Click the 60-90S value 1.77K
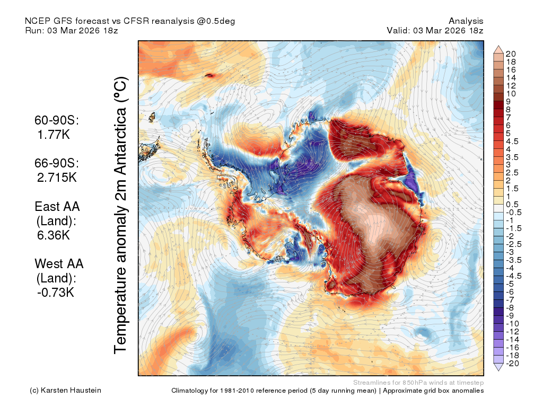(x=54, y=134)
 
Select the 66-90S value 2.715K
(x=57, y=177)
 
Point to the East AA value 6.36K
(x=54, y=235)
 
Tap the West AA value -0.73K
(x=55, y=293)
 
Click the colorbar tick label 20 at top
(x=511, y=54)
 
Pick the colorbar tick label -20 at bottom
(x=512, y=364)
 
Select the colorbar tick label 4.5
(x=512, y=141)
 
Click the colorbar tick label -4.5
(x=513, y=276)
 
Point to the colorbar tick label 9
(x=508, y=101)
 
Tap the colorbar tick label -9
(x=510, y=316)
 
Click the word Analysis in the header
(x=466, y=21)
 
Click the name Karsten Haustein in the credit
(x=71, y=391)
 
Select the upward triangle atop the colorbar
(x=498, y=49)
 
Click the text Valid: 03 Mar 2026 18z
(x=435, y=30)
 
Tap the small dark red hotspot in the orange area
(x=209, y=75)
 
